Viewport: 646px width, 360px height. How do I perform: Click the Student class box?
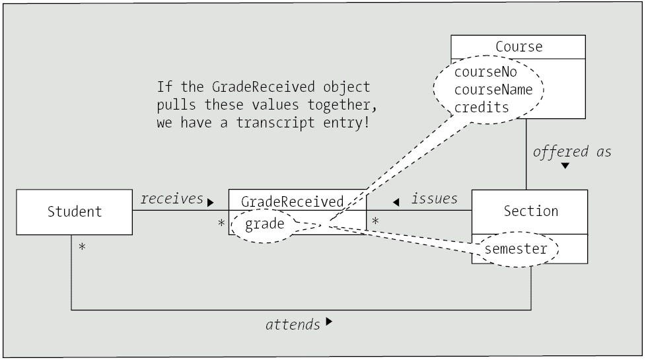click(75, 212)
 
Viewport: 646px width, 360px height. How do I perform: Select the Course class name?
click(519, 47)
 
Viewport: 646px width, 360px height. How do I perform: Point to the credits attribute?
click(482, 106)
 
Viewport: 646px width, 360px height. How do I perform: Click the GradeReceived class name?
click(292, 201)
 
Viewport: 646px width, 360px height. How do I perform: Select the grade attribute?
click(265, 224)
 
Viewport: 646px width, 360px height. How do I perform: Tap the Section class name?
click(530, 211)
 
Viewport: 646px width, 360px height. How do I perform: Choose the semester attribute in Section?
click(516, 249)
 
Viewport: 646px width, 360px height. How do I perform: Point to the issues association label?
click(434, 199)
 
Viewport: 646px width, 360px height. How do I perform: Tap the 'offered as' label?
click(572, 151)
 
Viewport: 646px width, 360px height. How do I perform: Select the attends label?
click(293, 324)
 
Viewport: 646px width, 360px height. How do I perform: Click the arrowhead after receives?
click(211, 202)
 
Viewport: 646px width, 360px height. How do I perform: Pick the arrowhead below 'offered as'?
click(565, 166)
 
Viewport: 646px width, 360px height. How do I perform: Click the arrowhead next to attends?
click(330, 323)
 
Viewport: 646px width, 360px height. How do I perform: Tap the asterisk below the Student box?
click(83, 248)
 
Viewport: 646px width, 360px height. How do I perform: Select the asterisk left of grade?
click(222, 224)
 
